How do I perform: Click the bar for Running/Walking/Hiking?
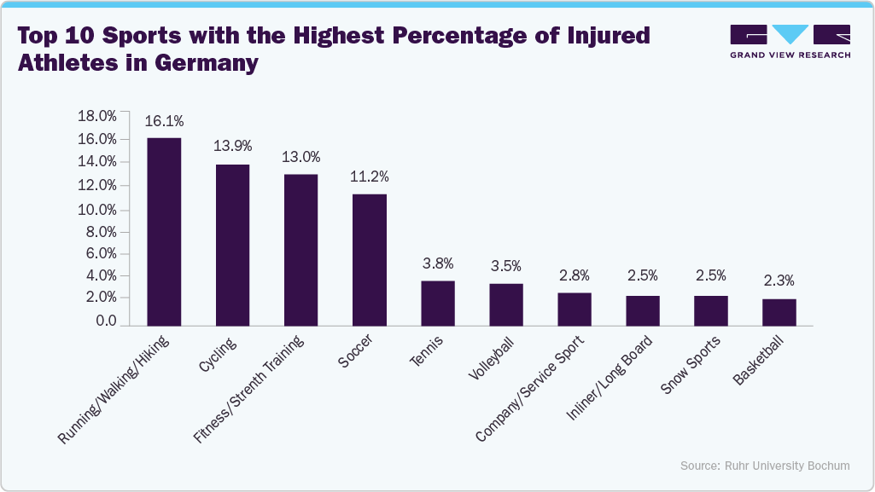pos(164,231)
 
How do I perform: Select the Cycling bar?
pos(232,245)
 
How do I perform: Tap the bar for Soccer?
pos(369,259)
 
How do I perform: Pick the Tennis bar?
pos(437,303)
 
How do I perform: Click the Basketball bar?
pos(779,312)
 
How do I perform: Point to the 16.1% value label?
pos(164,121)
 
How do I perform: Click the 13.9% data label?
pos(232,147)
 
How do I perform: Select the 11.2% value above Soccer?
pos(369,177)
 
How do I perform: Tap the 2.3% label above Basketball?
pos(779,281)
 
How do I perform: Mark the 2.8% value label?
pos(574,275)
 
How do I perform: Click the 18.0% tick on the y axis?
pos(96,116)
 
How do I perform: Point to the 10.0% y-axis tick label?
pos(96,210)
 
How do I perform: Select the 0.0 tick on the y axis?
pos(106,321)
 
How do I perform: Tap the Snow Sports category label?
pos(691,366)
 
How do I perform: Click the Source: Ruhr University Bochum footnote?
pos(765,466)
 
